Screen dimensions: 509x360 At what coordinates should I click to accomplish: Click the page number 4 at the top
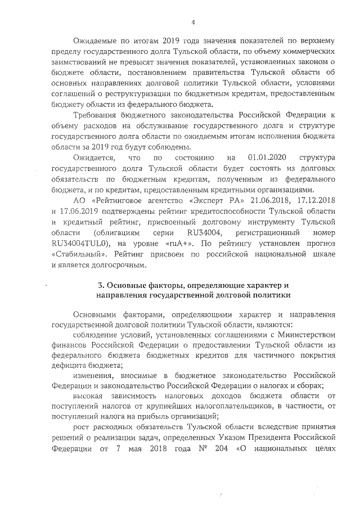tap(193, 22)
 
